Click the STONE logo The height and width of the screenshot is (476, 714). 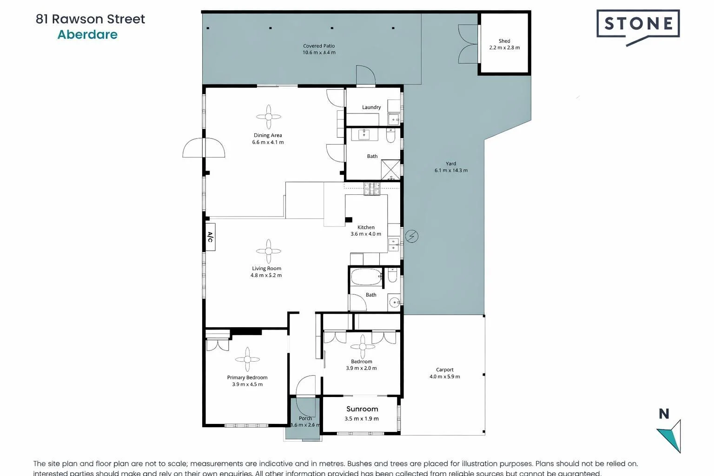[638, 24]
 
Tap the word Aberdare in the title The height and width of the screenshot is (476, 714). [87, 35]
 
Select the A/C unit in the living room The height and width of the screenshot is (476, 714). [210, 238]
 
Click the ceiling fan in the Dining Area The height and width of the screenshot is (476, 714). [269, 117]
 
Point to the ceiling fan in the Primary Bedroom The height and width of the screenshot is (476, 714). [247, 359]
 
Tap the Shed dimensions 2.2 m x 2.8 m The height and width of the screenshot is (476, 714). [504, 48]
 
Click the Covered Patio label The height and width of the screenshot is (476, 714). [319, 46]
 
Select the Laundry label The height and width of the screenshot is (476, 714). [371, 107]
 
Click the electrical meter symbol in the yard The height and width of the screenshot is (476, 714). [411, 237]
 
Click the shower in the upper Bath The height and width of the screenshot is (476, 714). [390, 170]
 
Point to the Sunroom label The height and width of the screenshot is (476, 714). [362, 409]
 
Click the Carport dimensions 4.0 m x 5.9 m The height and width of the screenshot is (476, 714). [444, 377]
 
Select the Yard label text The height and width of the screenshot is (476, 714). [451, 164]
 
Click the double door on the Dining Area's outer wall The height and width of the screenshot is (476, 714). [204, 148]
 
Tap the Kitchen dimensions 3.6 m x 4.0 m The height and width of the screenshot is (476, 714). [366, 234]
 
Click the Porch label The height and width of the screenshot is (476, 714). [305, 418]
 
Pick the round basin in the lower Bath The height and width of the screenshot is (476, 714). [394, 303]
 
